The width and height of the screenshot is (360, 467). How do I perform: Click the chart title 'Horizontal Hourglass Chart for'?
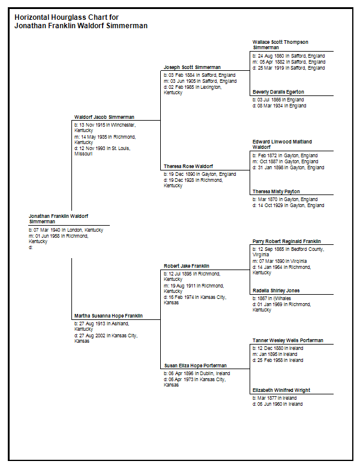coord(67,17)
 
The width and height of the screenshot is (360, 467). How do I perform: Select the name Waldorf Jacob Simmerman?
coord(104,117)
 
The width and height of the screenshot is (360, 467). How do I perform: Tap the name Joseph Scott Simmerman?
coord(192,67)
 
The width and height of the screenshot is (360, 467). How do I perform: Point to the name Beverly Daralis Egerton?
coord(278,92)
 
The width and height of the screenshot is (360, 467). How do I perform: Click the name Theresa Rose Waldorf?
coord(188,166)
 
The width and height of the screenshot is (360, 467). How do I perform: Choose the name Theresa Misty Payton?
coord(276,191)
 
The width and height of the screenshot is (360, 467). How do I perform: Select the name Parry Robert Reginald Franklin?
coord(286,241)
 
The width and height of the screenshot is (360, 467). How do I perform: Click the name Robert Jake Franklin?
coord(187,266)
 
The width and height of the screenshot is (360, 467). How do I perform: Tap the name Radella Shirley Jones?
coord(276,291)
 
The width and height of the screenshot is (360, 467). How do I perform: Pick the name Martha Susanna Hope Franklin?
coord(109,316)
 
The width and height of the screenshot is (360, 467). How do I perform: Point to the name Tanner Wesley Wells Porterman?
coord(287,340)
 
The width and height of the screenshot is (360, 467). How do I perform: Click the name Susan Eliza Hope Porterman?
coord(196,366)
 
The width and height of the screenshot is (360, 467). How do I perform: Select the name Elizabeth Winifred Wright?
coord(281,390)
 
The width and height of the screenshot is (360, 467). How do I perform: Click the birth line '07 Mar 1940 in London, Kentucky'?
coord(66,230)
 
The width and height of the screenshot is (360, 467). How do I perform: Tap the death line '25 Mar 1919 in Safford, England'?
coord(289,68)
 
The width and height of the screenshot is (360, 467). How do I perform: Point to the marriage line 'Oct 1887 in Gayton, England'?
coord(285,161)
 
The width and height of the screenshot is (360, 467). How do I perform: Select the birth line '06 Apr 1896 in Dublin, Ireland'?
coord(197,373)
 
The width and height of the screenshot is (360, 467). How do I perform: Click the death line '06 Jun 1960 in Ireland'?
coord(278,404)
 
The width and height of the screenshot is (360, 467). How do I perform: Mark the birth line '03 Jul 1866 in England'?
coord(278,100)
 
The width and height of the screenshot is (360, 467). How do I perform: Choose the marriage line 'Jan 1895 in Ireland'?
coord(275,354)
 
